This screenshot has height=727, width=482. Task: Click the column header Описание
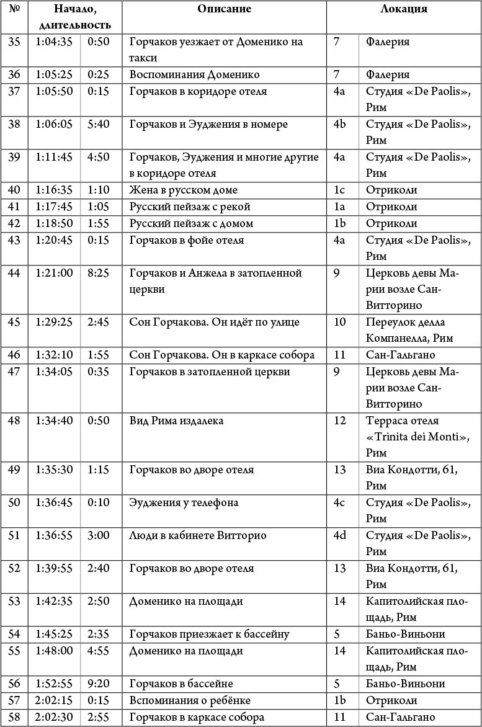point(224,9)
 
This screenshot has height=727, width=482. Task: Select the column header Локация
point(403,9)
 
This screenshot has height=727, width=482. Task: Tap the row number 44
point(14,273)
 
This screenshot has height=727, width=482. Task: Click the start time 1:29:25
point(54,323)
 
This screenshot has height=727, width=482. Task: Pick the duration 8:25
point(98,273)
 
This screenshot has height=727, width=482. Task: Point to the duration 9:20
point(98,684)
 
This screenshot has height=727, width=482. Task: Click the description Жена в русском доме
point(184,190)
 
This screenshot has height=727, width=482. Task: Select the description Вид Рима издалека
point(177,421)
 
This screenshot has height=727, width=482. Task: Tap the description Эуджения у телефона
point(184,502)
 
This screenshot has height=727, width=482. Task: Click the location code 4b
point(339,124)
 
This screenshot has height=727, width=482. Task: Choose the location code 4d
point(339,535)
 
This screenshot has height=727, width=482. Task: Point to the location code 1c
point(339,190)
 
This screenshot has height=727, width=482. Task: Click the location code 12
point(339,421)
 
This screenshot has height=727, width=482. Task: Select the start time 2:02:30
point(54,717)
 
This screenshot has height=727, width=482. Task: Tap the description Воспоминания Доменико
point(194,75)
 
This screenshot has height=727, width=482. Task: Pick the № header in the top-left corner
point(14,9)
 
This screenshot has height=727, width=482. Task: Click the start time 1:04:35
point(54,42)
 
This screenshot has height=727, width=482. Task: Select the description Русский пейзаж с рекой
point(190,207)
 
